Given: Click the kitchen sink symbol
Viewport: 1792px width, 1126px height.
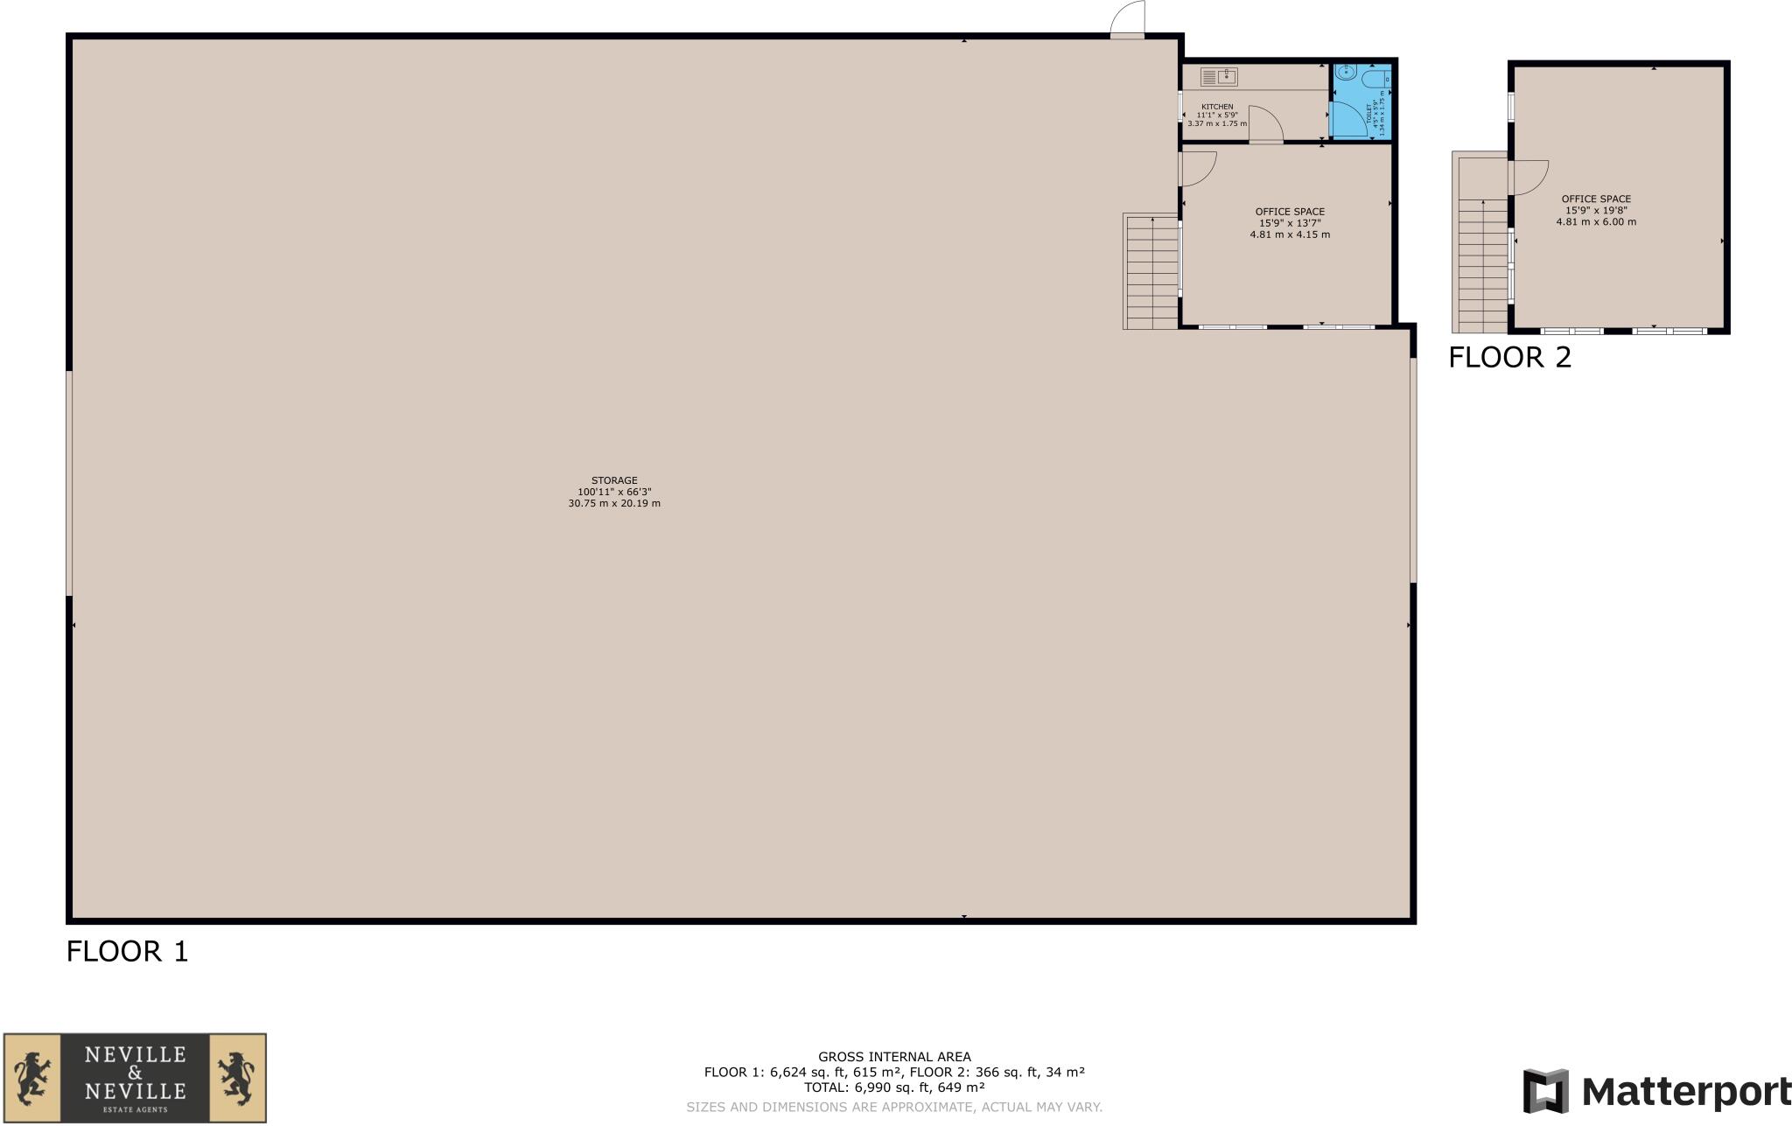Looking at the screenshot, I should pyautogui.click(x=1219, y=77).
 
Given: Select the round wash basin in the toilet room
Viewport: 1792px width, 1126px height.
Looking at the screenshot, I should pyautogui.click(x=1346, y=73).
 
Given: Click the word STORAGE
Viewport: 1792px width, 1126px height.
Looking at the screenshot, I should pyautogui.click(x=614, y=480).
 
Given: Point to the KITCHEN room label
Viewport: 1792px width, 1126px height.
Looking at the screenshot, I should pyautogui.click(x=1217, y=107).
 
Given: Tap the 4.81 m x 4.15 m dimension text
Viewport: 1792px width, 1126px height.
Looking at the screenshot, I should pyautogui.click(x=1290, y=234).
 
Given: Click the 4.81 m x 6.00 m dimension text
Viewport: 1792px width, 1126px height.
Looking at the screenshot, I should pyautogui.click(x=1596, y=222).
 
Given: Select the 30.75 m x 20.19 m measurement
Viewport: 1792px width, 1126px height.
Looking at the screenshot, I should pyautogui.click(x=614, y=504).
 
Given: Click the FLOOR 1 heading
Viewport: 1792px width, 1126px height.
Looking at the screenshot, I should pyautogui.click(x=128, y=951).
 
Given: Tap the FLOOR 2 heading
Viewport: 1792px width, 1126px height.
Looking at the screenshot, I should pyautogui.click(x=1510, y=357).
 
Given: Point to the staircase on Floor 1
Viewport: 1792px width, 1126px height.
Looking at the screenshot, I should pyautogui.click(x=1151, y=271).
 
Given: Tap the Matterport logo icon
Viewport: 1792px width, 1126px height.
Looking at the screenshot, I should pyautogui.click(x=1545, y=1091).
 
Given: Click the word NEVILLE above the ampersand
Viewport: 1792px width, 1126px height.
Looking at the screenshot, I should pyautogui.click(x=135, y=1054).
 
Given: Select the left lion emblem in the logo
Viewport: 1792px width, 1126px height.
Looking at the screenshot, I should pyautogui.click(x=31, y=1077).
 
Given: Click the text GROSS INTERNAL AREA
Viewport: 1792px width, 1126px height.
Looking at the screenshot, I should pyautogui.click(x=894, y=1057).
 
